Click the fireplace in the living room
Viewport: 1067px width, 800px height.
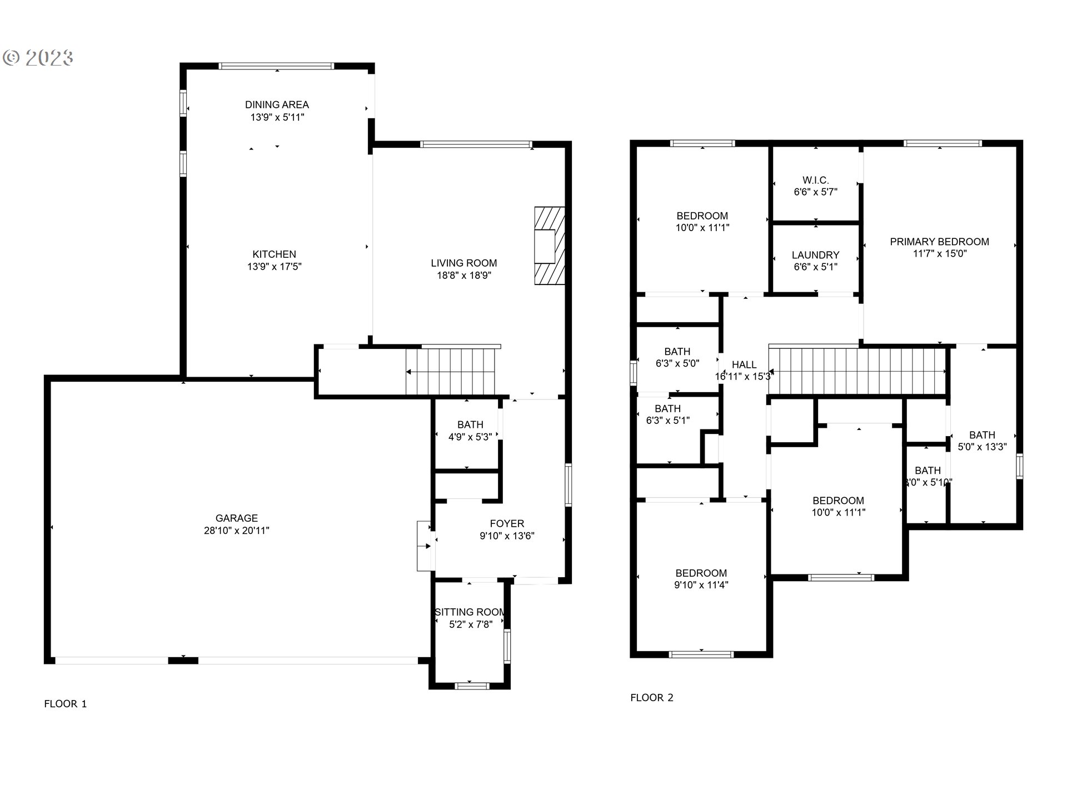point(549,246)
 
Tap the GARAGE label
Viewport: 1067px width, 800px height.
point(236,518)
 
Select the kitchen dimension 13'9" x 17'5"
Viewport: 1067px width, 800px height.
point(274,267)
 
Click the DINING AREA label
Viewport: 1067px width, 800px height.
point(277,104)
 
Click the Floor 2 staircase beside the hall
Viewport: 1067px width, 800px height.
point(857,371)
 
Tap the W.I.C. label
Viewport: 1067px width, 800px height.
point(815,180)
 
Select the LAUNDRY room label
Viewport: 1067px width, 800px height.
point(815,255)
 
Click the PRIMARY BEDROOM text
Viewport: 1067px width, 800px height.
point(939,242)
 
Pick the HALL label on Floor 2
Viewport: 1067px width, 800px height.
point(744,364)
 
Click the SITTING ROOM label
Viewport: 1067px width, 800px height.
point(470,612)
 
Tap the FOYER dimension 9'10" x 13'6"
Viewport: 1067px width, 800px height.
point(507,536)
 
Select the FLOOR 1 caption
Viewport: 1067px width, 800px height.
point(65,704)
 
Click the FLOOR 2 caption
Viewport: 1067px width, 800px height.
point(651,698)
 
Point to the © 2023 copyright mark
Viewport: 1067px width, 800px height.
point(38,58)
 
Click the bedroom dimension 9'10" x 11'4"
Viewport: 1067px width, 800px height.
point(701,585)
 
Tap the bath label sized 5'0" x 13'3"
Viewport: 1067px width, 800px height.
point(982,435)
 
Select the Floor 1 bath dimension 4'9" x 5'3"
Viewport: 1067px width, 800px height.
point(470,437)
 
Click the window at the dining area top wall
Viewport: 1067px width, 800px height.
point(277,66)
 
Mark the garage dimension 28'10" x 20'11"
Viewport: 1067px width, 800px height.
point(236,531)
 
